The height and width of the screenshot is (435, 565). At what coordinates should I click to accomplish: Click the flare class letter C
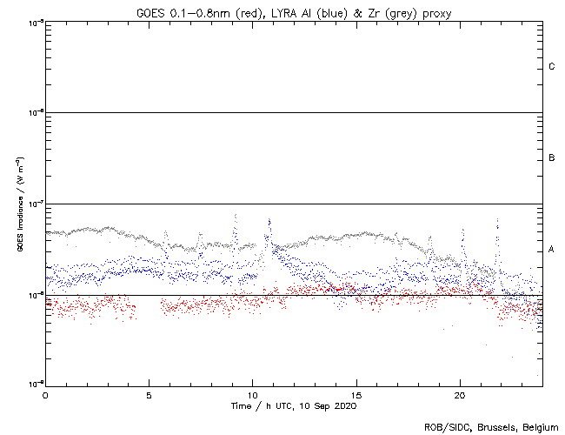552,67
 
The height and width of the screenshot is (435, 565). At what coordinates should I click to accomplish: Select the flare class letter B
552,158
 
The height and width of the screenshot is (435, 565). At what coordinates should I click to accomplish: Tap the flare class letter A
552,250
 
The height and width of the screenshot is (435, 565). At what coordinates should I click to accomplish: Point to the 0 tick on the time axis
45,394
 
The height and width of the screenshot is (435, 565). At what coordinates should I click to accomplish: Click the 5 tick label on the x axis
149,394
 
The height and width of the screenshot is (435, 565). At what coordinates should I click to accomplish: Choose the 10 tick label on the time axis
252,394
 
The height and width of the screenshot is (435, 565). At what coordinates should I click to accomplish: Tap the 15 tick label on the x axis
356,394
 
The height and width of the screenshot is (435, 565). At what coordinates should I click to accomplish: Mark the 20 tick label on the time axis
459,394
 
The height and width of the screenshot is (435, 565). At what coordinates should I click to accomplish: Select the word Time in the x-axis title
242,405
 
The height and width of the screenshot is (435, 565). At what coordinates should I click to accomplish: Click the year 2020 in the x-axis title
344,405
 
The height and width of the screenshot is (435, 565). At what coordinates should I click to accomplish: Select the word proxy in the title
434,11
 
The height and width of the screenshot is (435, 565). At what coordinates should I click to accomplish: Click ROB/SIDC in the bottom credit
444,427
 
